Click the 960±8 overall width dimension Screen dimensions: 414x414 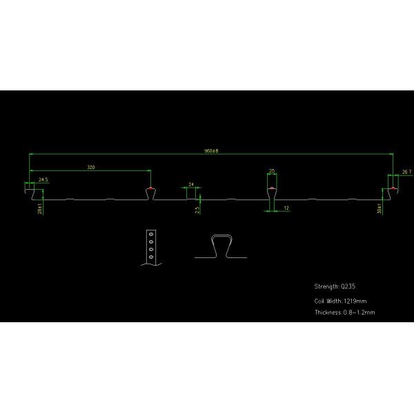tap(210, 151)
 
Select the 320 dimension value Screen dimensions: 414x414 tap(91, 167)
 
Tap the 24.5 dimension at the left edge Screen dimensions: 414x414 tap(43, 179)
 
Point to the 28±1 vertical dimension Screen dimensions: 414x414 tap(41, 207)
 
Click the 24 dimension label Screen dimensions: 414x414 tap(191, 184)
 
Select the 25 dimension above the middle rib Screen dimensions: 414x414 tap(273, 170)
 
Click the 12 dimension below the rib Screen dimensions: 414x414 tap(286, 208)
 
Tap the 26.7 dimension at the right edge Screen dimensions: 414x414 tap(406, 171)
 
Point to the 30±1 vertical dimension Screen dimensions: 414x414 tap(379, 207)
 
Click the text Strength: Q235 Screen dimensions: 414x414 tap(335, 286)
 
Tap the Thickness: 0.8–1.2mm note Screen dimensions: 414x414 tap(344, 313)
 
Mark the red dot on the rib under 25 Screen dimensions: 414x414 tap(273, 187)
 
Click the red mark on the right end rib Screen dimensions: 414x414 tap(393, 187)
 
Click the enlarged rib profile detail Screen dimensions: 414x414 tap(221, 246)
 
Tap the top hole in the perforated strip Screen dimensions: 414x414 tap(150, 235)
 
